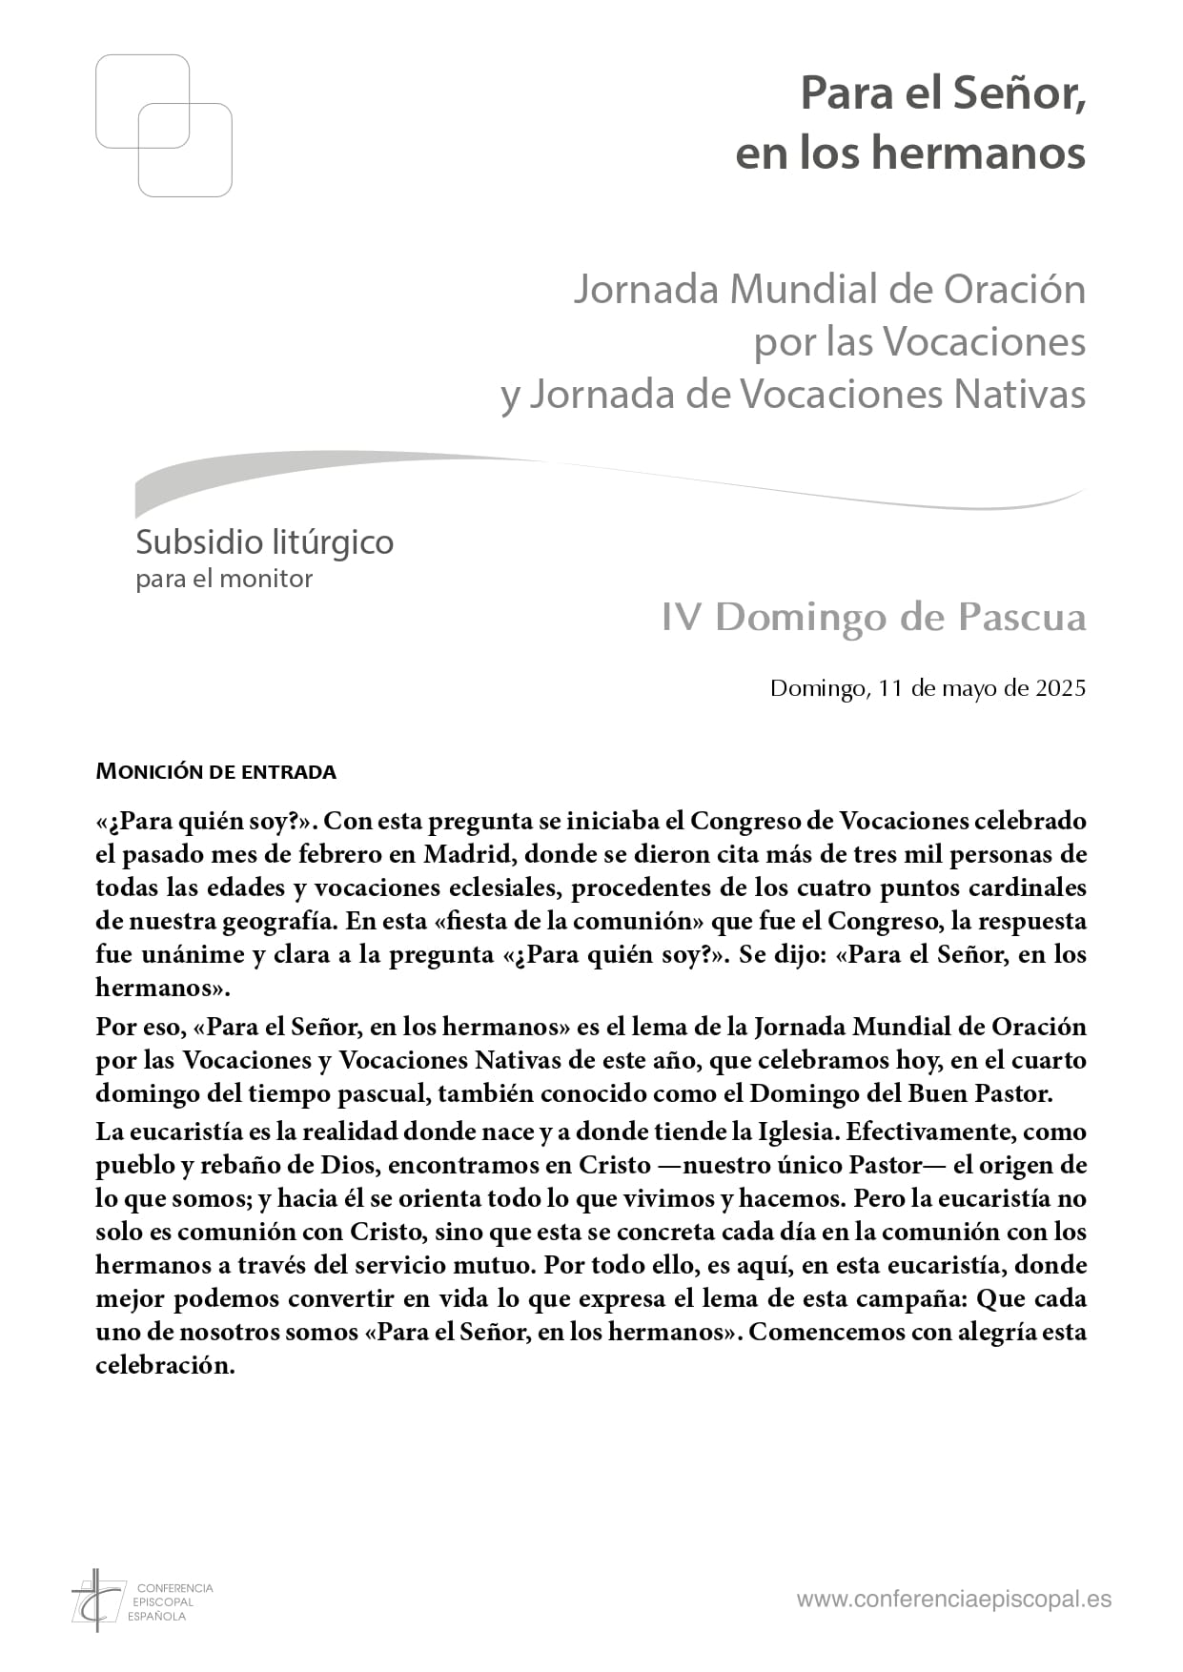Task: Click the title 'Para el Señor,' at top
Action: point(943,93)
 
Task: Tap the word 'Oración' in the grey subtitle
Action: point(1014,290)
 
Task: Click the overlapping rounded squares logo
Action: point(164,126)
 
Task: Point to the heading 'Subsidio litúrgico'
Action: point(264,542)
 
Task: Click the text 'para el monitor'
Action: point(224,579)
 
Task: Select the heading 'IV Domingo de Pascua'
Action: point(873,618)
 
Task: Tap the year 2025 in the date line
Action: point(1060,688)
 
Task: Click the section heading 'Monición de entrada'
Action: point(215,771)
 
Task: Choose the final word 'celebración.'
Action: point(165,1365)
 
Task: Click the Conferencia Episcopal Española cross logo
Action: point(98,1600)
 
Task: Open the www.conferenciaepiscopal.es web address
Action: point(953,1600)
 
